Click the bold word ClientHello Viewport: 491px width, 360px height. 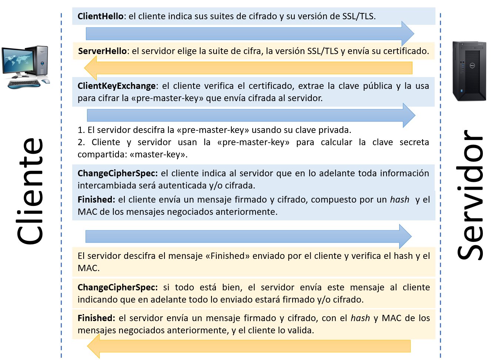100,16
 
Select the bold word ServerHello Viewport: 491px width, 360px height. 103,51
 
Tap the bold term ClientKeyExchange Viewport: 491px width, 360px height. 117,86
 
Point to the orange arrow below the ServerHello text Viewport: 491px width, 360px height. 248,68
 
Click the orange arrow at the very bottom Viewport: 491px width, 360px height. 248,346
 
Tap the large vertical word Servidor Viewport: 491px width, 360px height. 470,194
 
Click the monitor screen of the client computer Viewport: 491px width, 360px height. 17,61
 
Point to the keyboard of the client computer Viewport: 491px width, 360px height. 24,84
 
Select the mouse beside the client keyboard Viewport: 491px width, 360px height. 46,81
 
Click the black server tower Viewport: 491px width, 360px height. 469,71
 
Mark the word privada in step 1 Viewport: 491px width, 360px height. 335,130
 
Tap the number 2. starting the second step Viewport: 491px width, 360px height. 81,142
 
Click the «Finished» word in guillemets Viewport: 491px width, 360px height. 228,256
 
